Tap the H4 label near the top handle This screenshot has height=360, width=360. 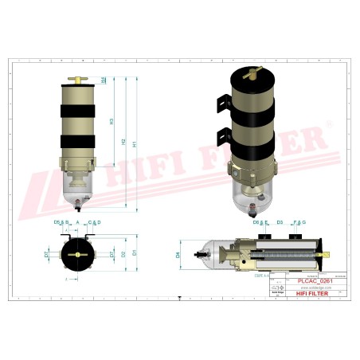pos(104,80)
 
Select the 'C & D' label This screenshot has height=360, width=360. pos(94,221)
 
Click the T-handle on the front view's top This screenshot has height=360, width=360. pos(77,79)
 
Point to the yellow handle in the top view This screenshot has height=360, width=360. pos(77,255)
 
